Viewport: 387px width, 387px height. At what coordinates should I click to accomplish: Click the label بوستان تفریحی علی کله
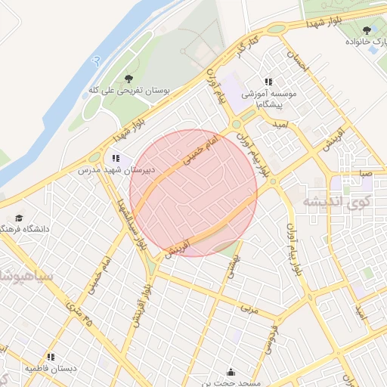pyautogui.click(x=129, y=91)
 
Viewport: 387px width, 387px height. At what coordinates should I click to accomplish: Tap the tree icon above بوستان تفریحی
pyautogui.click(x=129, y=77)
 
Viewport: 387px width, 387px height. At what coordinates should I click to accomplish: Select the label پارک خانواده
pyautogui.click(x=362, y=42)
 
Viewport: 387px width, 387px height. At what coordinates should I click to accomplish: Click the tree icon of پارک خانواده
pyautogui.click(x=367, y=30)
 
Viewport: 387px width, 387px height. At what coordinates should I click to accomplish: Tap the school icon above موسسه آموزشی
pyautogui.click(x=268, y=81)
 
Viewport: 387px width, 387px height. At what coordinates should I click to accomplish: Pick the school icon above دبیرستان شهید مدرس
pyautogui.click(x=116, y=159)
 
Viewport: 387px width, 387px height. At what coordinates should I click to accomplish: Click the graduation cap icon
pyautogui.click(x=18, y=217)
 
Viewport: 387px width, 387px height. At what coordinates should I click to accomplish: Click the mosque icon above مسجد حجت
pyautogui.click(x=231, y=373)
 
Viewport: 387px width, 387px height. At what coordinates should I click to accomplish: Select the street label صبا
pyautogui.click(x=366, y=173)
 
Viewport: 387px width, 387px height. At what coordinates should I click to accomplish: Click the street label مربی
pyautogui.click(x=249, y=308)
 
